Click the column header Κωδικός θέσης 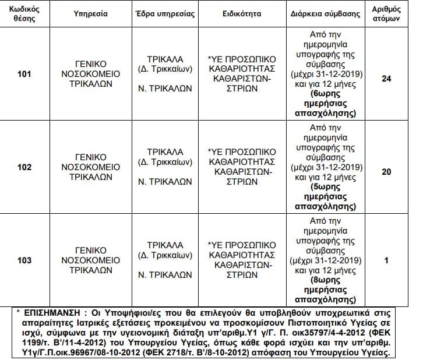[24, 13]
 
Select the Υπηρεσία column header [91, 13]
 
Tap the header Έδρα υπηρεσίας [165, 13]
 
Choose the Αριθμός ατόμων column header [386, 13]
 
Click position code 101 [24, 75]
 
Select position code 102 [24, 167]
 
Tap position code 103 [24, 260]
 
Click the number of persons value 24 [386, 75]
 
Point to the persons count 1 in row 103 [386, 260]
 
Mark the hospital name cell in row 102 [91, 167]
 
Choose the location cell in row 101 [165, 75]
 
